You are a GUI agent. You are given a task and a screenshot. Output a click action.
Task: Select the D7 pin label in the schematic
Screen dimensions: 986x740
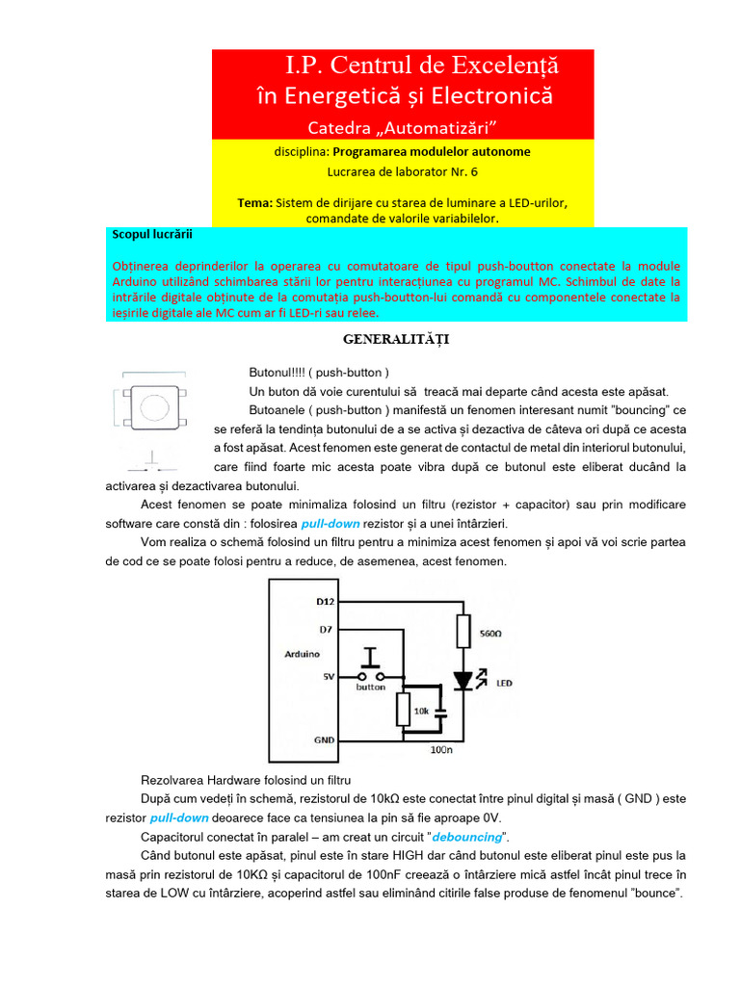coord(327,630)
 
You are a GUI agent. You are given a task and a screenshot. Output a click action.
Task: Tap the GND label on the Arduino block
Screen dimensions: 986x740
coord(325,740)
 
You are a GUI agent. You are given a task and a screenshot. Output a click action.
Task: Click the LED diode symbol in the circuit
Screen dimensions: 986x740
coord(462,681)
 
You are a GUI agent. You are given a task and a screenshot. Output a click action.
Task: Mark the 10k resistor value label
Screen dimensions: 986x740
coord(421,710)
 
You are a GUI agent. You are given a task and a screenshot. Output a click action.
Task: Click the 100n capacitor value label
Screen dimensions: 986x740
coord(442,748)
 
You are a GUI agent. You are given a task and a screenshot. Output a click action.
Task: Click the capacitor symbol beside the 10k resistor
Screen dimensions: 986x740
coord(440,714)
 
